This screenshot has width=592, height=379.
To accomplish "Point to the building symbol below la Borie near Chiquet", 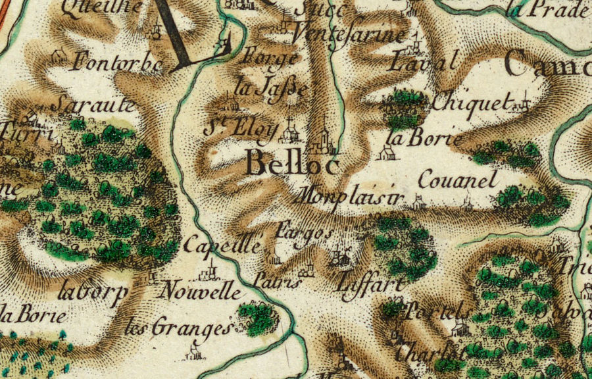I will point(387,153).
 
